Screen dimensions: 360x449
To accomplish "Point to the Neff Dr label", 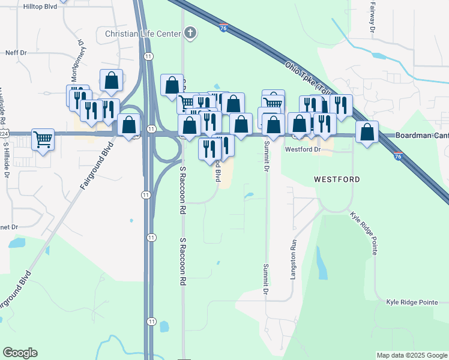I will click(x=16, y=53).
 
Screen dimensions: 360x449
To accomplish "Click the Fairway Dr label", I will click(x=372, y=20).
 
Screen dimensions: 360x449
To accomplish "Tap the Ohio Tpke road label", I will click(x=305, y=76).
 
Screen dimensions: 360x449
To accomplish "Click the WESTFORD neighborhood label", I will click(x=337, y=179).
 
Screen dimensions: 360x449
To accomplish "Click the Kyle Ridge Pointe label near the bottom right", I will click(x=412, y=302).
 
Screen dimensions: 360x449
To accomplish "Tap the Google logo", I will click(x=20, y=353).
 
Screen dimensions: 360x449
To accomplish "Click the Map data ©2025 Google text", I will click(x=411, y=355).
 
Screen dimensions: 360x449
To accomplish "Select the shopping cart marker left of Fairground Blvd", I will click(x=43, y=140).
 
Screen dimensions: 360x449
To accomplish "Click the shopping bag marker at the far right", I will click(x=367, y=131).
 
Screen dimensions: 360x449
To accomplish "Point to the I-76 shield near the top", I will click(x=223, y=28).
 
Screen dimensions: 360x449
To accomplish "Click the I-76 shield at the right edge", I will click(x=398, y=156).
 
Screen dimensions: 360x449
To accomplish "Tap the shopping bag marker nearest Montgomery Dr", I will click(x=111, y=80).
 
